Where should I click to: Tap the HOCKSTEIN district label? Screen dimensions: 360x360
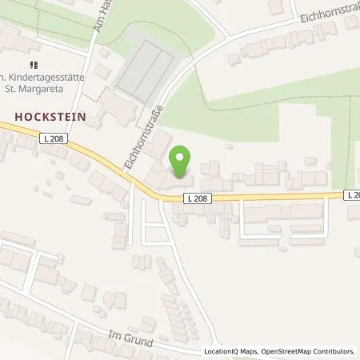[x=50, y=116]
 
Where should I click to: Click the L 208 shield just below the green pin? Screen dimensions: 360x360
[x=197, y=198]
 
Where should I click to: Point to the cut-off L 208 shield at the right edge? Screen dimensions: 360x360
[x=353, y=194]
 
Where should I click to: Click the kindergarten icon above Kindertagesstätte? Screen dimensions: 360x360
[x=33, y=64]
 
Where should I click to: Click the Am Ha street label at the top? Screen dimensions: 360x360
[x=99, y=16]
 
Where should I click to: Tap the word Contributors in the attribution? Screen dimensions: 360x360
[x=334, y=351]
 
